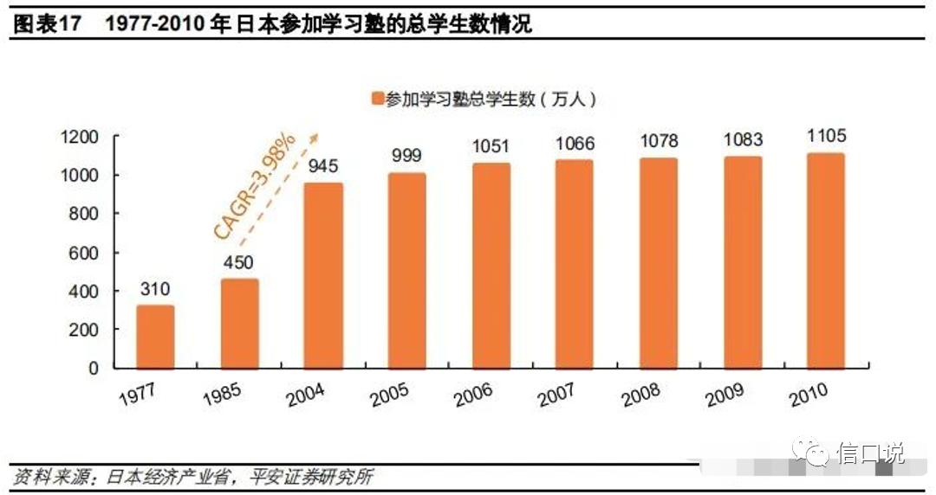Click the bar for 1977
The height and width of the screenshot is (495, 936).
pyautogui.click(x=155, y=337)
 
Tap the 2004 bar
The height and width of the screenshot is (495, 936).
pyautogui.click(x=322, y=276)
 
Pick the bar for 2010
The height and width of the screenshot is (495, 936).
pyautogui.click(x=825, y=260)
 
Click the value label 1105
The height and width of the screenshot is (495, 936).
pyautogui.click(x=826, y=136)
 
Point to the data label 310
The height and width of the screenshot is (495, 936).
pyautogui.click(x=155, y=288)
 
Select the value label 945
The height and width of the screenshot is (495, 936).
pyautogui.click(x=322, y=166)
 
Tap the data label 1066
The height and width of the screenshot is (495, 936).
pyautogui.click(x=574, y=144)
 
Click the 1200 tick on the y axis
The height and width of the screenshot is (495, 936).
pyautogui.click(x=81, y=138)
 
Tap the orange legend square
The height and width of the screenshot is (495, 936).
pyautogui.click(x=377, y=99)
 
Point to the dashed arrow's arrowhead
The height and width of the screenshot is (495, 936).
pyautogui.click(x=314, y=137)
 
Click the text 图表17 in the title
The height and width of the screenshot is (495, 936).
pyautogui.click(x=46, y=24)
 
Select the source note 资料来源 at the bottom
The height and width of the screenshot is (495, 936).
pyautogui.click(x=52, y=477)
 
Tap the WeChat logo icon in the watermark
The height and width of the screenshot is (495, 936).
pyautogui.click(x=816, y=453)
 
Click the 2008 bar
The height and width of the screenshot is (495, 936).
pyautogui.click(x=658, y=263)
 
